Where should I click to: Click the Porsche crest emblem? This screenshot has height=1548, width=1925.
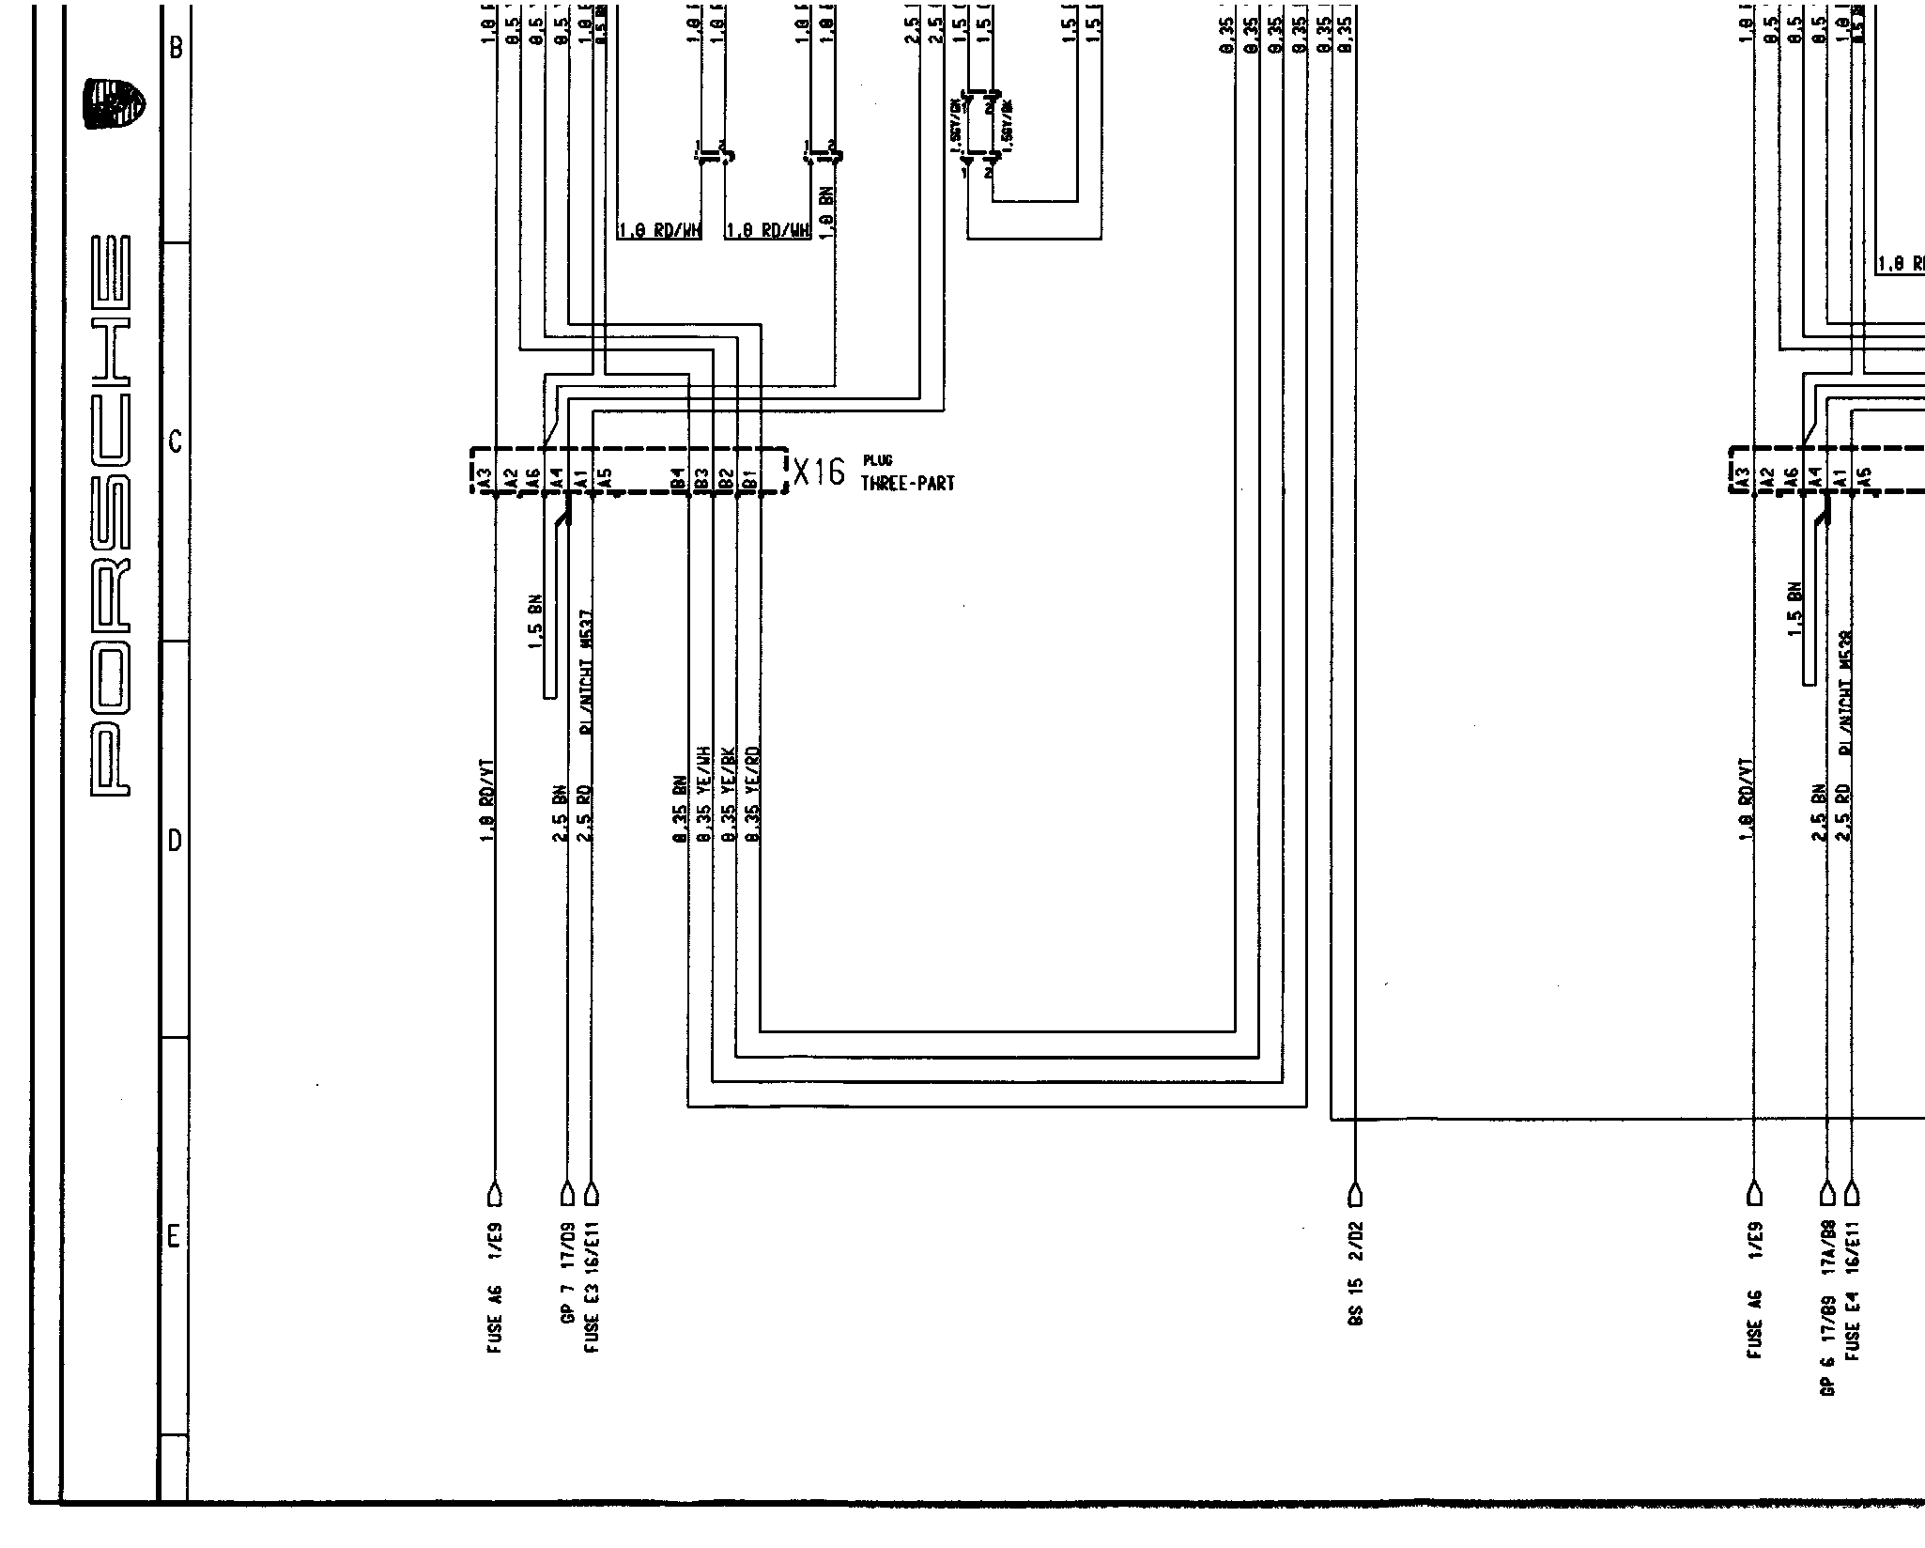tap(115, 103)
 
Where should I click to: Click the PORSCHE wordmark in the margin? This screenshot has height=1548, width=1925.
tap(111, 516)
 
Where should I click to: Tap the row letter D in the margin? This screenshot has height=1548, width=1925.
tap(174, 841)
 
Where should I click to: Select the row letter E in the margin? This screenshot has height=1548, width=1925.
tap(174, 1238)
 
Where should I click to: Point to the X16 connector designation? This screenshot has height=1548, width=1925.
tap(819, 472)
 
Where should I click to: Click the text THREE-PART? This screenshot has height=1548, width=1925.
tap(907, 484)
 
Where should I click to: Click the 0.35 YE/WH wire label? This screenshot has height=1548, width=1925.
tap(701, 795)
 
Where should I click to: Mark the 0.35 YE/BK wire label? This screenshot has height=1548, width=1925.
tap(725, 795)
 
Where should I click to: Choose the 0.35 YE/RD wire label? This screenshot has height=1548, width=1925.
tap(750, 795)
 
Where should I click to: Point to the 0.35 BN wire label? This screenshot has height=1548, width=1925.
tap(678, 808)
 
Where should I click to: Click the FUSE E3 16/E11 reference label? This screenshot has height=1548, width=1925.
tap(592, 1287)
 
